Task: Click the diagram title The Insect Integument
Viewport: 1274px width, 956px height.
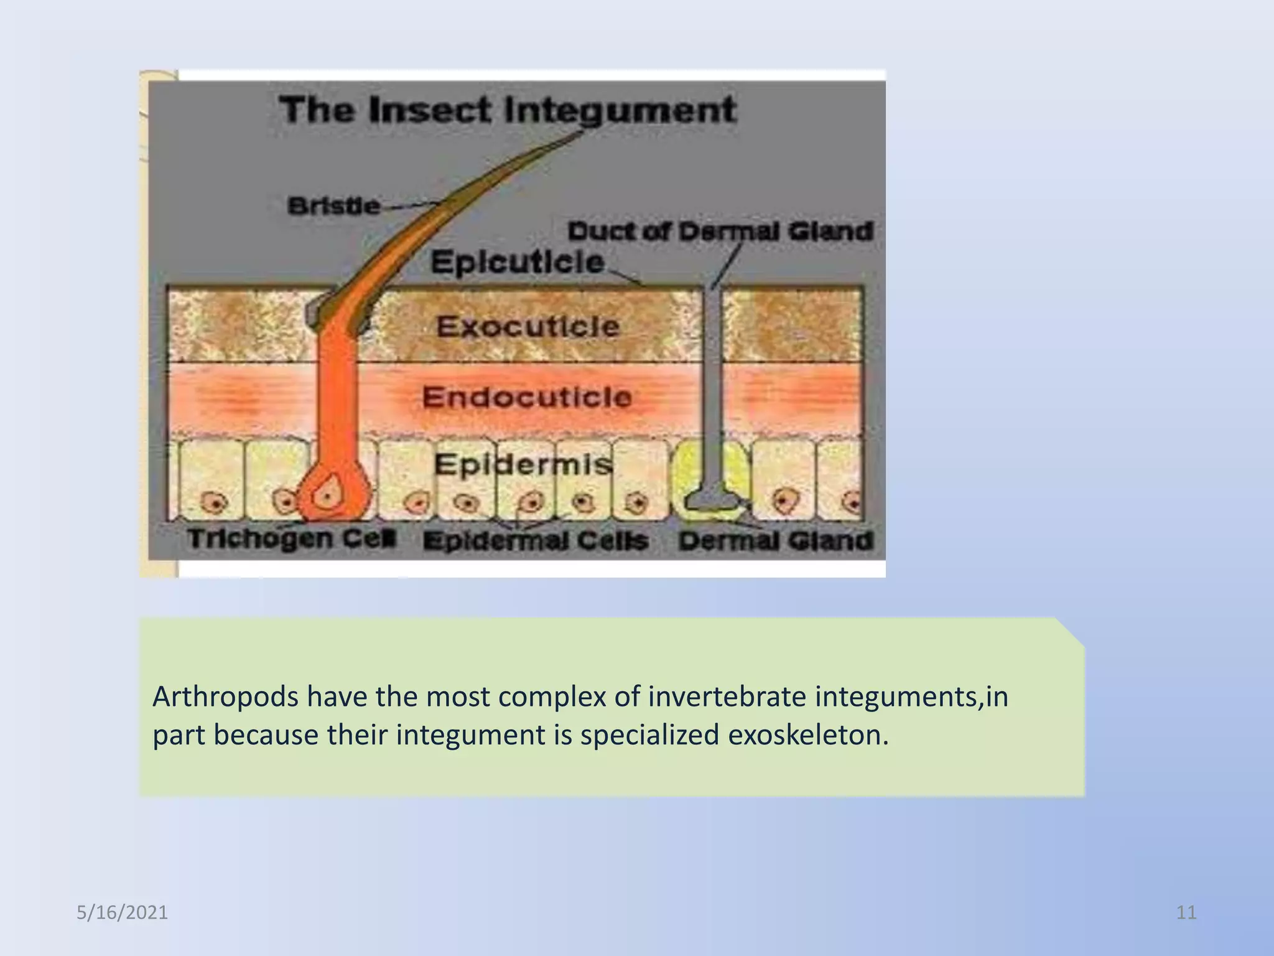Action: (x=507, y=110)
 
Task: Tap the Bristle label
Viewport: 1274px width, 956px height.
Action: (x=333, y=206)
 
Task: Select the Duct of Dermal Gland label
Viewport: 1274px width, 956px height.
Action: (x=720, y=232)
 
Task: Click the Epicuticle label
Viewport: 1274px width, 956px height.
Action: (x=517, y=261)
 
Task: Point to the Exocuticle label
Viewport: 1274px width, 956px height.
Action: (x=528, y=327)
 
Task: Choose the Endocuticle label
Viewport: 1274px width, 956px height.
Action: (x=527, y=397)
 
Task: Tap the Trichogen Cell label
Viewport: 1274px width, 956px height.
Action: (x=291, y=538)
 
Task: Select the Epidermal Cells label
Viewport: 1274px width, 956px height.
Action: (x=536, y=541)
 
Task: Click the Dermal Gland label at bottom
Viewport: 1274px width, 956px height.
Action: (x=776, y=541)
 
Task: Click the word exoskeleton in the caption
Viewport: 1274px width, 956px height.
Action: (x=807, y=735)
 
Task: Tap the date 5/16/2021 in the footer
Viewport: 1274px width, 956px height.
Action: (x=122, y=912)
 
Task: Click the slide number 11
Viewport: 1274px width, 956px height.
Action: (x=1186, y=912)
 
